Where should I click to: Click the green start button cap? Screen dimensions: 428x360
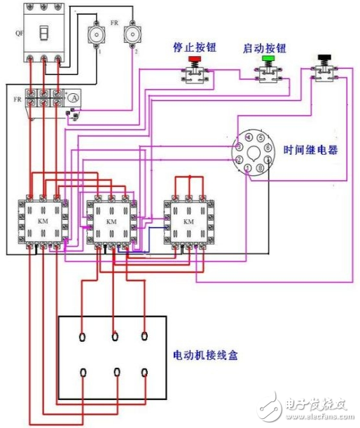[267, 61]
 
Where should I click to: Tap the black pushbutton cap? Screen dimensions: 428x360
[323, 57]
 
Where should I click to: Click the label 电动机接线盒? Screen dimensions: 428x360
[205, 355]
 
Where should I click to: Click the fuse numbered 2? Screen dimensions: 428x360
[130, 34]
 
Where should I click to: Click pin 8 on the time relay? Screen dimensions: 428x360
[260, 167]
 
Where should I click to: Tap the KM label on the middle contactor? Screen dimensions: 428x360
[111, 221]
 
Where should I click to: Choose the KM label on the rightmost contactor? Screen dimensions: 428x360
[188, 221]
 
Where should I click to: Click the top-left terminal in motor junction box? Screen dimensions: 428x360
[83, 338]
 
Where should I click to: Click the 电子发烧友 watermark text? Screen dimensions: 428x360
[308, 405]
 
